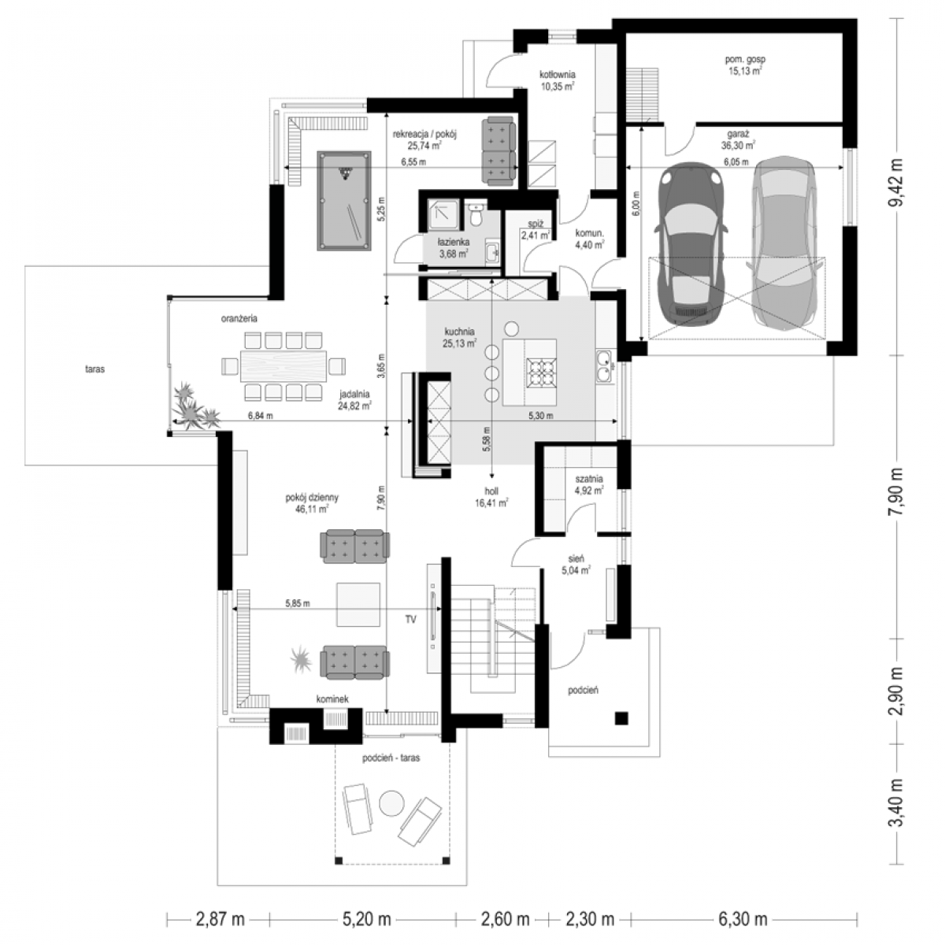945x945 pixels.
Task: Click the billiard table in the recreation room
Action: pos(344,201)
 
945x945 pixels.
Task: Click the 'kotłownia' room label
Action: pos(557,75)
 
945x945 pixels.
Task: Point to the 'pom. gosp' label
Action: pos(745,59)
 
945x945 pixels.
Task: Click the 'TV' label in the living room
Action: pos(410,620)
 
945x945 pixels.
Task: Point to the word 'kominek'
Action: pos(332,699)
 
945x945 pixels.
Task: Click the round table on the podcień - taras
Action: pos(392,803)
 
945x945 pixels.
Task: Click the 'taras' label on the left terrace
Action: pos(94,369)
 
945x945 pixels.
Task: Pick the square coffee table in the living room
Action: pos(358,604)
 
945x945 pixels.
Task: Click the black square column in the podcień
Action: pos(621,717)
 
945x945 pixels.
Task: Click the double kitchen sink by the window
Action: pos(604,366)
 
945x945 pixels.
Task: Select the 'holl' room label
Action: pos(491,491)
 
